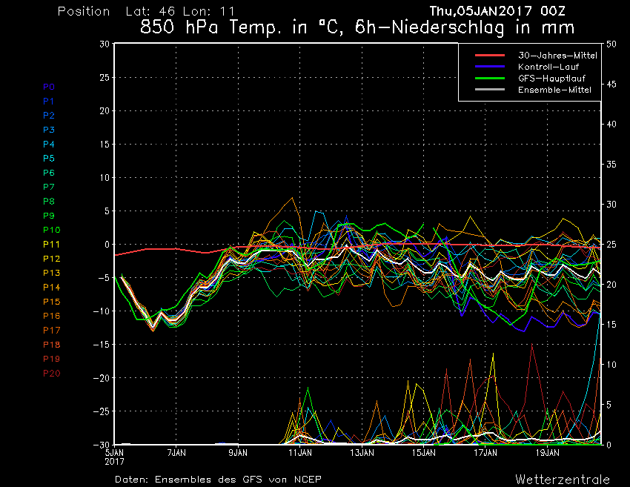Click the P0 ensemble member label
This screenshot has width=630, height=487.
click(x=49, y=87)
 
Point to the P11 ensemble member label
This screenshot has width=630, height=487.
click(x=51, y=244)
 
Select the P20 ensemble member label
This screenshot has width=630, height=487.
click(x=52, y=373)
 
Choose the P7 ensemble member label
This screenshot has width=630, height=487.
click(x=49, y=187)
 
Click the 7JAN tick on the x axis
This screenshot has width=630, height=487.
click(x=176, y=451)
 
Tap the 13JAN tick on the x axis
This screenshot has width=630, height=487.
click(x=362, y=451)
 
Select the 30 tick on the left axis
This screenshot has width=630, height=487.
click(x=105, y=44)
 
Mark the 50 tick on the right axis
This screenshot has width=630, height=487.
click(x=611, y=44)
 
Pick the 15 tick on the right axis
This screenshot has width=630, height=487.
click(x=611, y=325)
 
